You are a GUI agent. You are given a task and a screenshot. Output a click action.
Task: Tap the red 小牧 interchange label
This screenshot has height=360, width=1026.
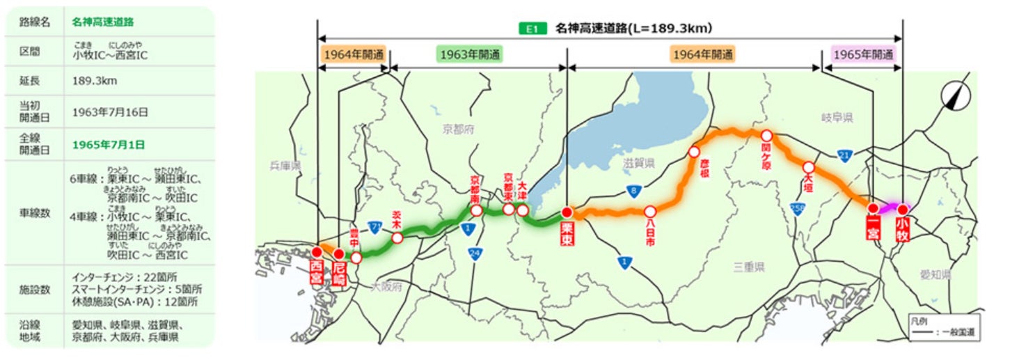902,229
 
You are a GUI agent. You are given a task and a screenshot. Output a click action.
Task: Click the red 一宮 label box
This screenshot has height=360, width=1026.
873,228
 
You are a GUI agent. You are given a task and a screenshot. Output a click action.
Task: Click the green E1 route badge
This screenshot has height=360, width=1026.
532,29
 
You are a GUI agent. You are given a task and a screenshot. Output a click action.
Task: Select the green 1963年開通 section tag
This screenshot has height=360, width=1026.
471,54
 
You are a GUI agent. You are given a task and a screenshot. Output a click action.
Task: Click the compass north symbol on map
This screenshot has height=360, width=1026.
954,95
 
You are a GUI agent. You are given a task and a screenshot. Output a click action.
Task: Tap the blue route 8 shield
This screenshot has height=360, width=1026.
632,189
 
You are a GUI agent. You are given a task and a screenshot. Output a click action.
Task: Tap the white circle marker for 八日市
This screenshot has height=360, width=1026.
650,211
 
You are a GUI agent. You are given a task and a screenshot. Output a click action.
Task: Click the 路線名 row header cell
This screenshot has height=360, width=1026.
35,21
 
